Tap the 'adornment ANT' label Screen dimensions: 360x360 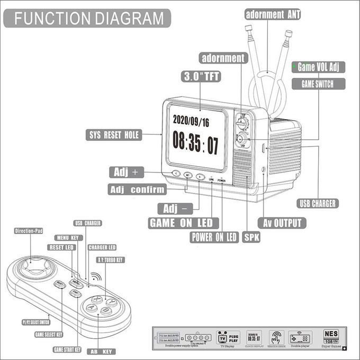pyautogui.click(x=273, y=14)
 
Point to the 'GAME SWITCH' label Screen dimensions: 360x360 pyautogui.click(x=319, y=84)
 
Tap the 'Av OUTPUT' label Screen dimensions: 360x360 pyautogui.click(x=282, y=223)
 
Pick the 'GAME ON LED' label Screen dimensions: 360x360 pyautogui.click(x=181, y=223)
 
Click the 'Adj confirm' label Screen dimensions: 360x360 pyautogui.click(x=137, y=190)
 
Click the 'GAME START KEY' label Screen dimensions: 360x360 pyautogui.click(x=67, y=349)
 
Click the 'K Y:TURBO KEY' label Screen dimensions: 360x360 pyautogui.click(x=110, y=260)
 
